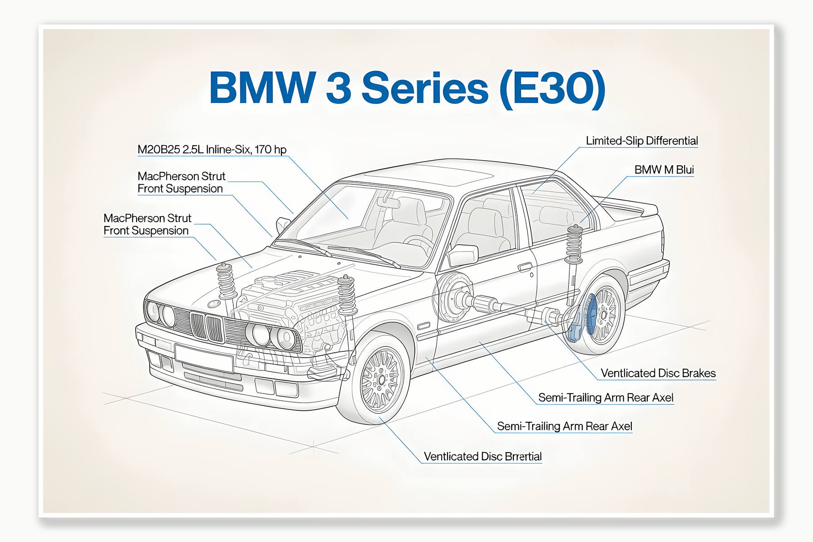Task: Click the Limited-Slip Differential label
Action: [641, 141]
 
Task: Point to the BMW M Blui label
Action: [664, 170]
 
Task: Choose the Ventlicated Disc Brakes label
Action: [658, 373]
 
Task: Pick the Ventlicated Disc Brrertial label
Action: [483, 456]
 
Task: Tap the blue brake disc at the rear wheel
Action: [591, 313]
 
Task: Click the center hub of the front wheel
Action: [381, 379]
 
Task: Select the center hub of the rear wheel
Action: [604, 314]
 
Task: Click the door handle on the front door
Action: [525, 266]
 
